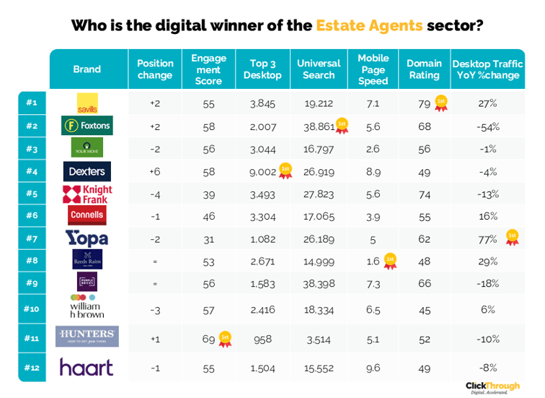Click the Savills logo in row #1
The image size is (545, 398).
[x=87, y=103]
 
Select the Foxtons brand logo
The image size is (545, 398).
[x=87, y=126]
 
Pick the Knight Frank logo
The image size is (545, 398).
[x=87, y=194]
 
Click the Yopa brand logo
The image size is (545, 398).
[x=87, y=238]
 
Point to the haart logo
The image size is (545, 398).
[x=87, y=367]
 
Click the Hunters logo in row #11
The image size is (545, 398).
[x=87, y=337]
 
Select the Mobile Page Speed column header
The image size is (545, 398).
[x=373, y=69]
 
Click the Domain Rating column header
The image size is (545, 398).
[x=424, y=69]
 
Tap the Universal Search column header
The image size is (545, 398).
[x=319, y=69]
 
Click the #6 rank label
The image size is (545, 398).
[x=31, y=215]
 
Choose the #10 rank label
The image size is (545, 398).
[x=31, y=308]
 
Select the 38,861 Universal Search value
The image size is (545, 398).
[x=318, y=126]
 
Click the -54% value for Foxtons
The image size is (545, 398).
[x=488, y=126]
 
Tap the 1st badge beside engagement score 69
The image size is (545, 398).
[x=225, y=338]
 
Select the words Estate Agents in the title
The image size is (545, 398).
[x=369, y=25]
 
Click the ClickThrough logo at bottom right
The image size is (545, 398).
[x=492, y=387]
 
